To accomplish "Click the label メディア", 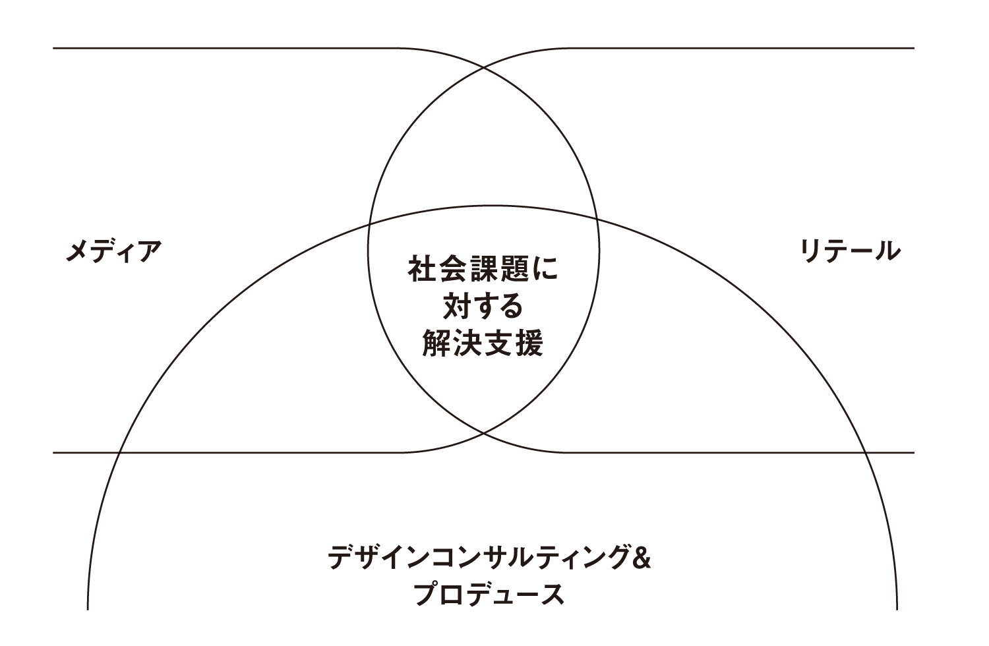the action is pos(113,251).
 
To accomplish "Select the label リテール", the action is pos(850,250).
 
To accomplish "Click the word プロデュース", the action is pos(490,594).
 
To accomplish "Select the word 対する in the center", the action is pos(483,306).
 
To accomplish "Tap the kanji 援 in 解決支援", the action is pos(529,343).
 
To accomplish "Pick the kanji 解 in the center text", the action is pos(436,343).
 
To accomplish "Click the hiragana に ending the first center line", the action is pos(545,268).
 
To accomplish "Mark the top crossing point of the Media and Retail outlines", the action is pos(484,67).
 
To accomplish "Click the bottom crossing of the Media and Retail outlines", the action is pos(484,434).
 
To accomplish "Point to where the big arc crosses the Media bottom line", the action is pos(119,453).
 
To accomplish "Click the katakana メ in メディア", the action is pos(78,251).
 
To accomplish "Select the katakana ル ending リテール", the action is pos(887,250).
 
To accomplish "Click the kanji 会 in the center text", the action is pos(451,268).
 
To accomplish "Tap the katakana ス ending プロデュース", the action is pos(553,595).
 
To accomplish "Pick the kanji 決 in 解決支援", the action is pos(467,343).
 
